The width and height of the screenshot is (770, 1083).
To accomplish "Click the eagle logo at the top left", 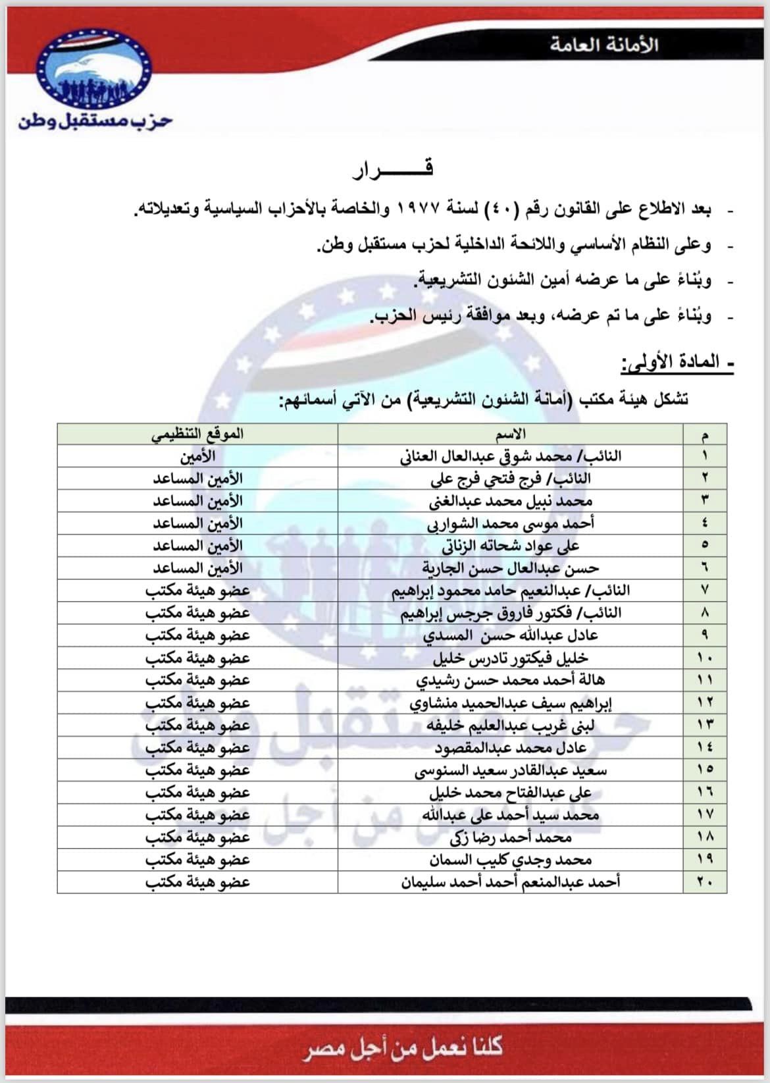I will tap(94, 71).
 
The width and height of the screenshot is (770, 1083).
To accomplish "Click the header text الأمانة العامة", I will tap(604, 45).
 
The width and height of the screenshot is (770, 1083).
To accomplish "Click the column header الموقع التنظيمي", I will tap(197, 434).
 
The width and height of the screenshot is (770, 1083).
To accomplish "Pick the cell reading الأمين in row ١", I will tap(197, 456).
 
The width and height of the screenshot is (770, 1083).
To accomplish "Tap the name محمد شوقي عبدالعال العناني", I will tap(510, 456).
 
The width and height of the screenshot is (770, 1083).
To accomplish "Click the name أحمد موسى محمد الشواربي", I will tap(510, 523).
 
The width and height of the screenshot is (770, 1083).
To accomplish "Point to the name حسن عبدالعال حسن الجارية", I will tap(510, 568).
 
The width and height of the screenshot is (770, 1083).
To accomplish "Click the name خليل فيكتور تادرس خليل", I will tap(510, 658).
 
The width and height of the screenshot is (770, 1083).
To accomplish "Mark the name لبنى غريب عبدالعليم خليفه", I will tap(510, 725).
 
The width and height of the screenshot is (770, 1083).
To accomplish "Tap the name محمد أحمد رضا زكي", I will tap(510, 837).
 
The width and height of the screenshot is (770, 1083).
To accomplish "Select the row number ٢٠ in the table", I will tap(705, 882).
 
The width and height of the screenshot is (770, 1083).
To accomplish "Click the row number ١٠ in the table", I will tap(705, 658).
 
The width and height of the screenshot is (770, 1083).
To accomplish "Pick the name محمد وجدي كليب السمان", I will tap(510, 859).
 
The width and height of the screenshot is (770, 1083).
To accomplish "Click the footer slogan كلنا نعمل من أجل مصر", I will tap(403, 1047).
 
